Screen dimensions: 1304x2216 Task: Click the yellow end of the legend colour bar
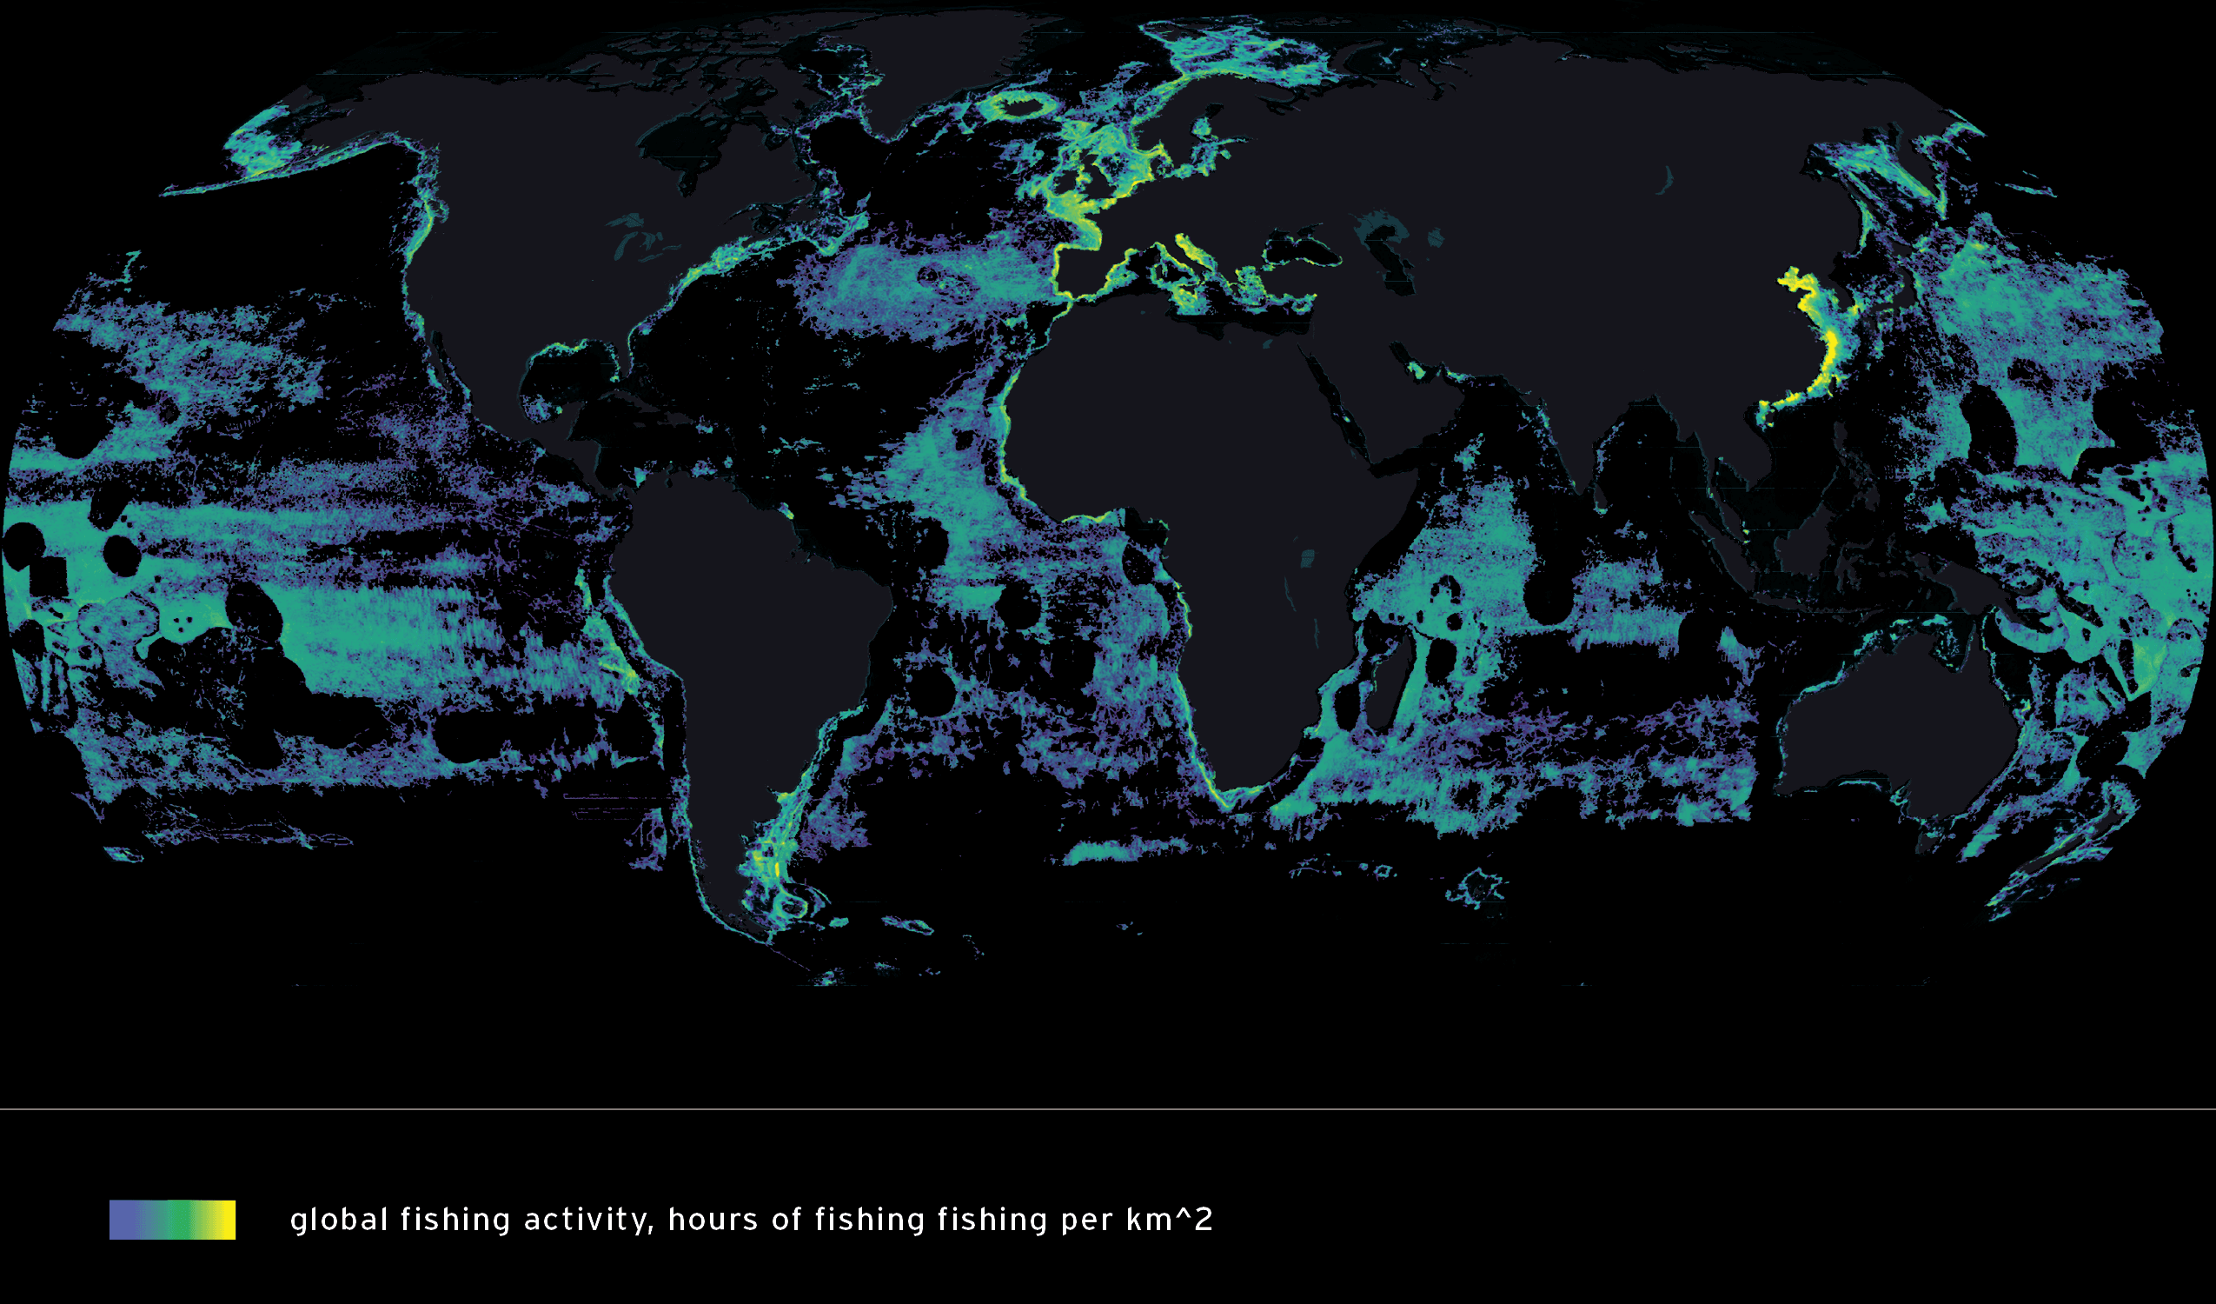227,1220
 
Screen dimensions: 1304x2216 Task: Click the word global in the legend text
339,1220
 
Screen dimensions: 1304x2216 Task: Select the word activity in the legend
588,1220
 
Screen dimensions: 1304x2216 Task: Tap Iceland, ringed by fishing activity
1020,108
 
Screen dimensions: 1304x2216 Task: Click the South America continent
747,616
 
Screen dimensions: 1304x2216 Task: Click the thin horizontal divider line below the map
1108,1109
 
